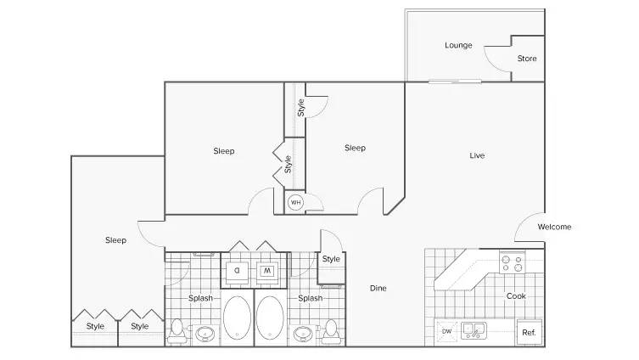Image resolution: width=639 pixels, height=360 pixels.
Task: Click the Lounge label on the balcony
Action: pos(458,45)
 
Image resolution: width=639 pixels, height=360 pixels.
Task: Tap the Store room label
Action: pos(526,59)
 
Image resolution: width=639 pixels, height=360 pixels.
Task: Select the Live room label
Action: pos(477,155)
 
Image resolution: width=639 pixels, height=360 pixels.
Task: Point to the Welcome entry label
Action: pos(554,227)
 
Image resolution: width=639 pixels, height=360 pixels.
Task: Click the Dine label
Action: pos(378,288)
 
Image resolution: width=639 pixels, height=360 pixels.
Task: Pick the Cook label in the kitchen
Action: pos(516,296)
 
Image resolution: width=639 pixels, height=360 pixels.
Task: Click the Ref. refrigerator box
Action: pos(530,332)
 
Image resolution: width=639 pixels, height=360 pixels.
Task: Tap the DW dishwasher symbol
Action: pos(446,331)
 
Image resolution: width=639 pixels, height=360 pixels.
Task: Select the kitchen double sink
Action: pos(474,330)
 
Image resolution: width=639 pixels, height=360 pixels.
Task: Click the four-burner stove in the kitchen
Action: pos(513,262)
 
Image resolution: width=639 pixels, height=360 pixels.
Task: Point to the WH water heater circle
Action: pos(295,202)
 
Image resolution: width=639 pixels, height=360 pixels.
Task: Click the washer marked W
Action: pos(267,271)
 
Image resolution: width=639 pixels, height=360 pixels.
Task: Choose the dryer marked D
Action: pos(237,271)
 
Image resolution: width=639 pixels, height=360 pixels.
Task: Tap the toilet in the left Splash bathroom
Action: pos(177,331)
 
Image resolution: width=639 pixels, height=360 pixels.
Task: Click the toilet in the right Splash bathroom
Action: pos(331,331)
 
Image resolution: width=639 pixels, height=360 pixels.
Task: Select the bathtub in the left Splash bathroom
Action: pos(237,318)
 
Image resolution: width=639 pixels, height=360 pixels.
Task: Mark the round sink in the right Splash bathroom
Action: pos(303,334)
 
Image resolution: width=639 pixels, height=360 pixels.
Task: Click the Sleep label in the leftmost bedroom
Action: pos(115,240)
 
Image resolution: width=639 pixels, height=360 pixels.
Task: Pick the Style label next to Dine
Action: pos(331,259)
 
